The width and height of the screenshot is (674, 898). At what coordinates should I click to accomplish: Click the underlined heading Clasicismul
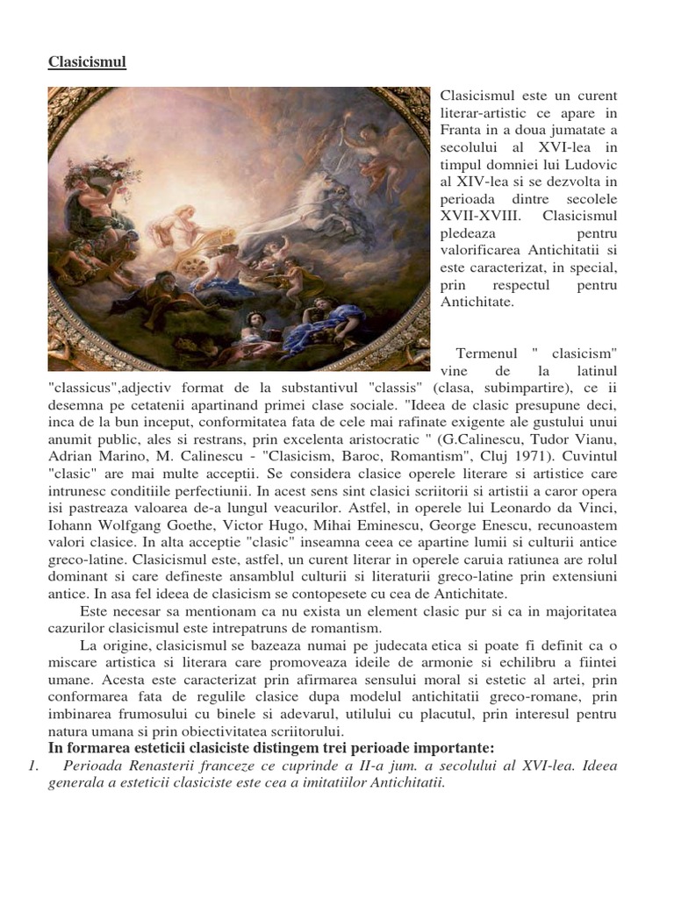87,62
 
